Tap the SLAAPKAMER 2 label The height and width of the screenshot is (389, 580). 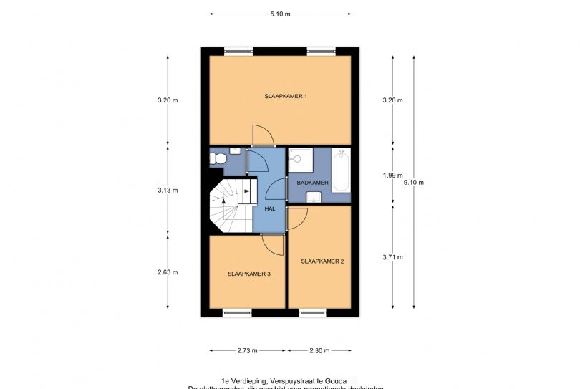(x=322, y=261)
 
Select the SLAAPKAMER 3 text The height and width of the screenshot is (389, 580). (x=249, y=274)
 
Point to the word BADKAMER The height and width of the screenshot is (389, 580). (x=313, y=183)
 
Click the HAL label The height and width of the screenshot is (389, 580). (x=270, y=208)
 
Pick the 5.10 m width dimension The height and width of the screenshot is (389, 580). (x=280, y=14)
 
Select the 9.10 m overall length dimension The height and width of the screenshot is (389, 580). (x=414, y=183)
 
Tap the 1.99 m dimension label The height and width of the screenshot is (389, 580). (x=393, y=175)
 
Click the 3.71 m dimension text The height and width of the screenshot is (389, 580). (x=393, y=257)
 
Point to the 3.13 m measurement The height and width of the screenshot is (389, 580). (x=168, y=190)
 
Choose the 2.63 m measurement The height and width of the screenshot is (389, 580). (x=168, y=272)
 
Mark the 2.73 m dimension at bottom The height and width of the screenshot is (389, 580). (x=247, y=351)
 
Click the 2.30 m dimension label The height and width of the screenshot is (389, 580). (x=319, y=351)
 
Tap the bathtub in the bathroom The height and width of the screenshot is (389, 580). (x=341, y=171)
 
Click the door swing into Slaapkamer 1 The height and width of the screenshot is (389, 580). (x=261, y=135)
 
